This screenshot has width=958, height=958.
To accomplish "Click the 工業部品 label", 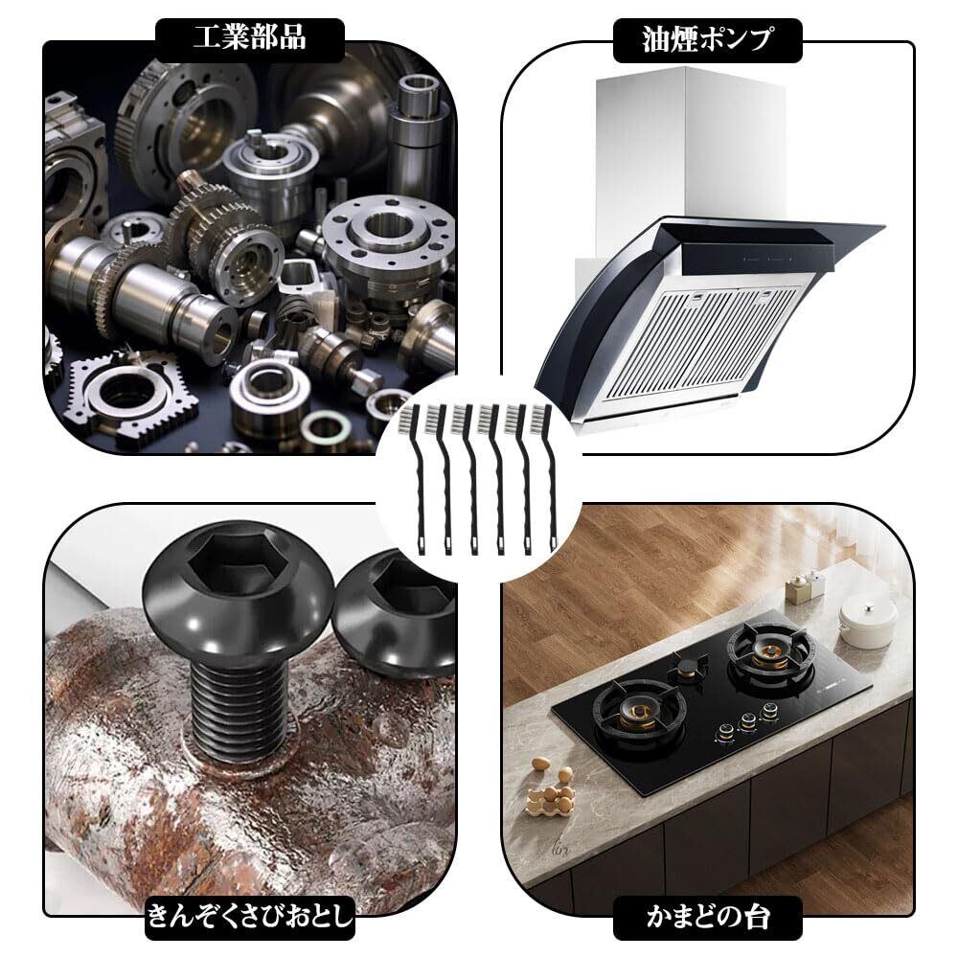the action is [250, 38].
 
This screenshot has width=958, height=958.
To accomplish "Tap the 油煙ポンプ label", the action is [707, 39].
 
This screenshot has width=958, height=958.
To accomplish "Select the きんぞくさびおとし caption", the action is [250, 917].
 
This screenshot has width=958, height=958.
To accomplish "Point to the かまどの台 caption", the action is [708, 917].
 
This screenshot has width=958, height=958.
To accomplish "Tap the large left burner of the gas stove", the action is [638, 716].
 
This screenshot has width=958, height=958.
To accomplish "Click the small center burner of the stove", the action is [688, 667].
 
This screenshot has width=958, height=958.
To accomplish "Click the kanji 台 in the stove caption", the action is [754, 917].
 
